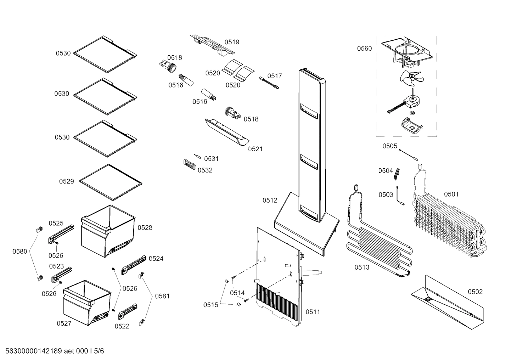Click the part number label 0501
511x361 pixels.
pyautogui.click(x=451, y=194)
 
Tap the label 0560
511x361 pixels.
pyautogui.click(x=364, y=49)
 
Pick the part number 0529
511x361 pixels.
pyautogui.click(x=66, y=181)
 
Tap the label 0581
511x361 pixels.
pyautogui.click(x=162, y=296)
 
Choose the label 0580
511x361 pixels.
pyautogui.click(x=20, y=252)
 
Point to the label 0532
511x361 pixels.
pyautogui.click(x=205, y=170)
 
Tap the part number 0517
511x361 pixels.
pyautogui.click(x=275, y=76)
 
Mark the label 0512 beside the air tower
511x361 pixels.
pyautogui.click(x=270, y=201)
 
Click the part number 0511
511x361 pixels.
pyautogui.click(x=313, y=312)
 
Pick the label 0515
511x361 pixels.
pyautogui.click(x=210, y=305)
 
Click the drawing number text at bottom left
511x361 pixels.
pyautogui.click(x=52, y=351)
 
